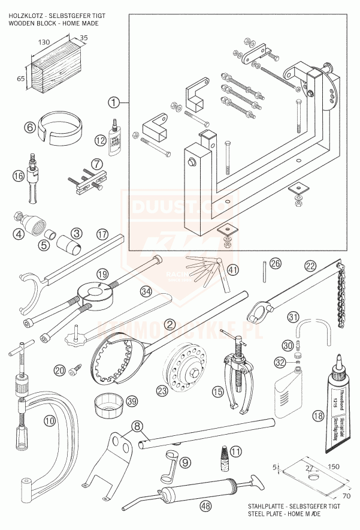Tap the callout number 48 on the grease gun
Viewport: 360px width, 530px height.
tap(206, 506)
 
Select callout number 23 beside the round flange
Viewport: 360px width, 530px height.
tap(161, 390)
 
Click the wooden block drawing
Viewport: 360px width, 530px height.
tap(55, 69)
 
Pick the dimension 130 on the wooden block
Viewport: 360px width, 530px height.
tap(44, 42)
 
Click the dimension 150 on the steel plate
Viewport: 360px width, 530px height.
tap(333, 465)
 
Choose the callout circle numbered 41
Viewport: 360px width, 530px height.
tap(232, 270)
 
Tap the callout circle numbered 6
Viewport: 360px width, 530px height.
tap(29, 127)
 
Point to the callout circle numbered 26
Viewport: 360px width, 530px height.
tap(274, 262)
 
